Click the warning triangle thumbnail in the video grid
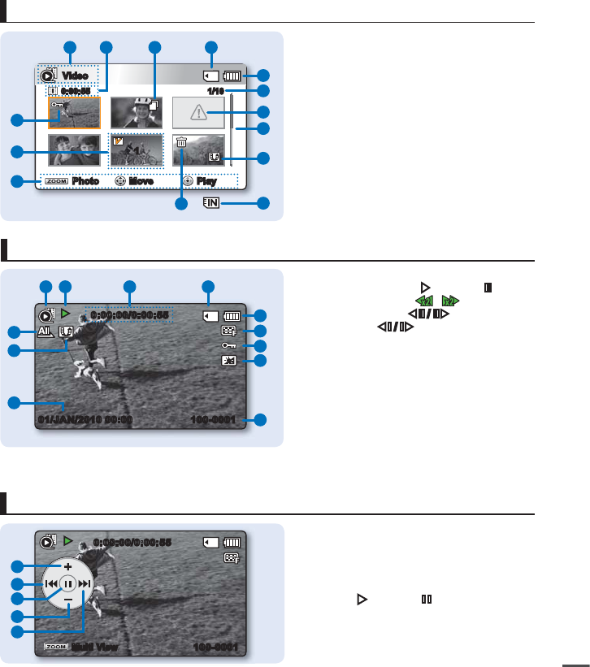click(197, 113)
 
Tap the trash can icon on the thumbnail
click(181, 142)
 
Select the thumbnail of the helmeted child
click(136, 113)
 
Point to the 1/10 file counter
click(215, 91)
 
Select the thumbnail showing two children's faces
click(74, 150)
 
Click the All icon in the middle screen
click(46, 331)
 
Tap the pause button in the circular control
click(68, 583)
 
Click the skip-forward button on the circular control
click(85, 583)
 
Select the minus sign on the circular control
click(68, 600)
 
